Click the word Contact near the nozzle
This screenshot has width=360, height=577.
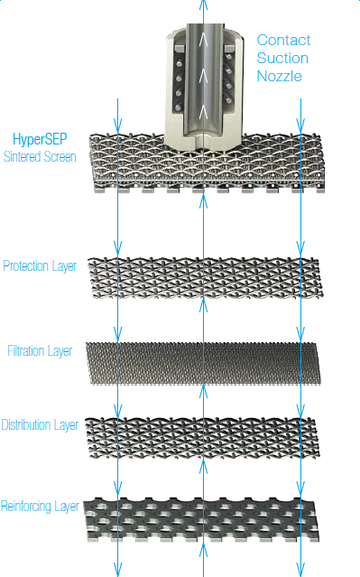[x=283, y=40]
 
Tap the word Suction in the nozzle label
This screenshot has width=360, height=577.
[x=282, y=58]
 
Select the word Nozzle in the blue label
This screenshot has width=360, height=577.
[x=279, y=76]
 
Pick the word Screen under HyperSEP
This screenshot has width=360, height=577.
[x=60, y=156]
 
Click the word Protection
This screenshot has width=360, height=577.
[x=26, y=266]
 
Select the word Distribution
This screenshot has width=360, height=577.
[x=27, y=424]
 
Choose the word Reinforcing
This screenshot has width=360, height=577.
[x=27, y=506]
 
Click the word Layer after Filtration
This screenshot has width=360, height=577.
[x=60, y=350]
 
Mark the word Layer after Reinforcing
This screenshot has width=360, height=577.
[x=68, y=506]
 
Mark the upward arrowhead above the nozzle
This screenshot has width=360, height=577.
[x=204, y=4]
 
